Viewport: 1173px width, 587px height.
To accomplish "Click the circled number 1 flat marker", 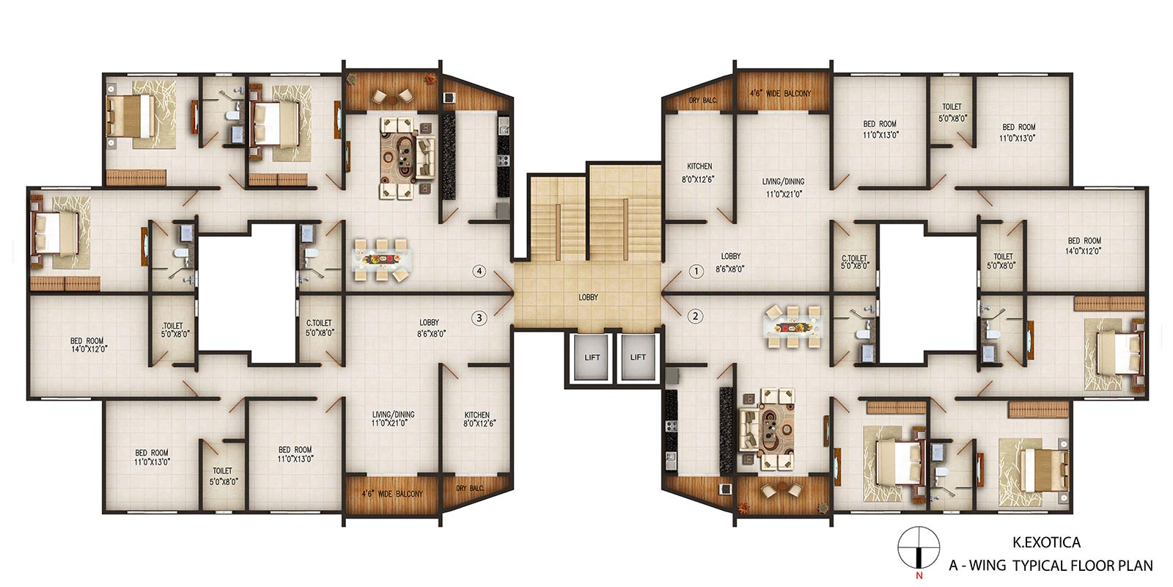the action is coord(696,271).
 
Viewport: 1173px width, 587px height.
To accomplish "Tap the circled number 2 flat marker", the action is coord(696,316).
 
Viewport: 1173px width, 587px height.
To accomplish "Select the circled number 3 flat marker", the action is coord(479,318).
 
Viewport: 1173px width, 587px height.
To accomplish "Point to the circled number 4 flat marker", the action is coord(479,271).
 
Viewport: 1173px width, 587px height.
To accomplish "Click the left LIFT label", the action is coord(592,357).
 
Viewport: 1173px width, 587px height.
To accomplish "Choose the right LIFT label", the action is coord(638,357).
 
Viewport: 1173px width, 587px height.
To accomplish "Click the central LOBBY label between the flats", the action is coord(588,297).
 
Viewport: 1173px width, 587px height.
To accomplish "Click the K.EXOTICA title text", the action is coord(1046,542).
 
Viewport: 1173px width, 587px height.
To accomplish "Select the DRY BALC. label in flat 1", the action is coord(703,100).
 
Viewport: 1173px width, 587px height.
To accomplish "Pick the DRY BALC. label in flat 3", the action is coord(470,488).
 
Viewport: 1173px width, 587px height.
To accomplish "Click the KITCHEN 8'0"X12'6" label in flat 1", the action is coord(699,172).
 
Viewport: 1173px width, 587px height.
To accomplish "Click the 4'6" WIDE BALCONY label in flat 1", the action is coord(780,93).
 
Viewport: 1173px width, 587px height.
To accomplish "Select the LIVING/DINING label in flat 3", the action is coord(393,414).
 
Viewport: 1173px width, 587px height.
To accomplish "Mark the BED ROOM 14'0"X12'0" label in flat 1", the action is coord(1084,246).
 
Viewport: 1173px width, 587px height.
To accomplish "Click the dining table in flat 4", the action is coord(382,260).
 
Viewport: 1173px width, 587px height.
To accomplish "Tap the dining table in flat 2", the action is coord(793,327).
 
